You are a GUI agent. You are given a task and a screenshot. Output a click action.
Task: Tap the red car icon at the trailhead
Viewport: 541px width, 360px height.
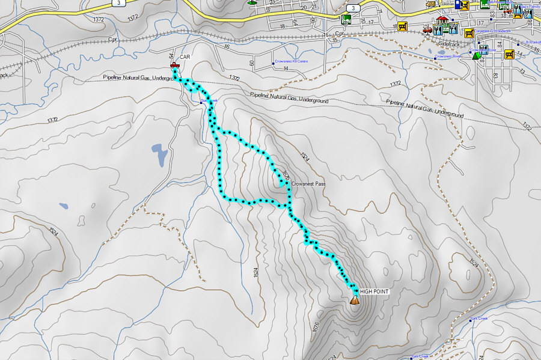click(174, 65)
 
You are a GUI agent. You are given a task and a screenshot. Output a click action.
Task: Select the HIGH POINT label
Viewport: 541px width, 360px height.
click(374, 292)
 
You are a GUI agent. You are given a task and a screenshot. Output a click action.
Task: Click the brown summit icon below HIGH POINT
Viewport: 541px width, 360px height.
click(355, 300)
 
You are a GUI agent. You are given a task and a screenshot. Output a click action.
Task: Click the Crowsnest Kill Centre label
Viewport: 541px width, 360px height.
click(291, 62)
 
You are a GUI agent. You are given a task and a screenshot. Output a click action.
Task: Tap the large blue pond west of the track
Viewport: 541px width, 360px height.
click(160, 155)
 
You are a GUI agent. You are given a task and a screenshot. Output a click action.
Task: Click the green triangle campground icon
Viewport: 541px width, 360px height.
click(476, 55)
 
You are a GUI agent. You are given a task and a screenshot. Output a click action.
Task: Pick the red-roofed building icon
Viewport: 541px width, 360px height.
click(442, 22)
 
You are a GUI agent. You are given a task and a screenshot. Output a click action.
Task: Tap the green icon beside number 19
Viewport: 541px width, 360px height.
click(346, 19)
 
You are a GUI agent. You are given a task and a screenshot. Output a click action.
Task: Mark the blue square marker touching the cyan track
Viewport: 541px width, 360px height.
click(202, 102)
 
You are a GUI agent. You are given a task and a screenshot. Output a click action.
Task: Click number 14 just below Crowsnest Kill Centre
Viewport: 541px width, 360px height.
click(286, 69)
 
